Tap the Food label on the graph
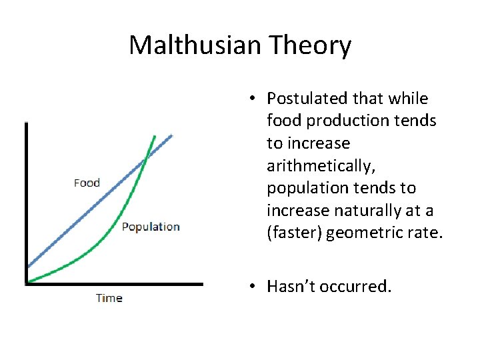tap(87, 183)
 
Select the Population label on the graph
tap(151, 227)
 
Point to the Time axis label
tap(109, 298)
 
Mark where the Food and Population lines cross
tap(146, 158)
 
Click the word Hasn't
tap(291, 287)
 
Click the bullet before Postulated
tap(251, 99)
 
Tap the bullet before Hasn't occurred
tap(251, 287)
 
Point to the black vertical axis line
tap(26, 200)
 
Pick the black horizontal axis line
tap(113, 284)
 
